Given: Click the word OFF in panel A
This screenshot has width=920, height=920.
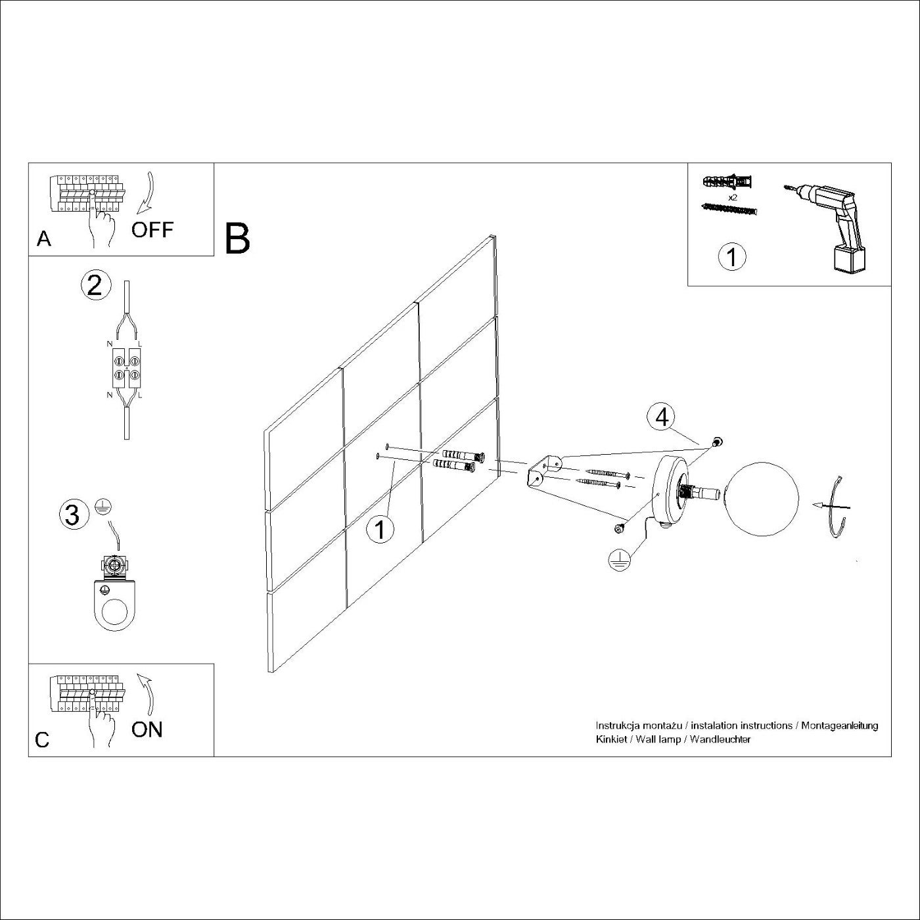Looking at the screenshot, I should tap(152, 230).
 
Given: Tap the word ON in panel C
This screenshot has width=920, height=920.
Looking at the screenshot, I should tap(147, 729).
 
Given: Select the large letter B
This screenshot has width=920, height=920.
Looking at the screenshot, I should tap(237, 239).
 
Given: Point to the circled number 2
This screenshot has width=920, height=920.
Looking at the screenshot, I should tap(95, 286).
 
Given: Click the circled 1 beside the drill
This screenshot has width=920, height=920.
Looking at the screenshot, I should tap(732, 257).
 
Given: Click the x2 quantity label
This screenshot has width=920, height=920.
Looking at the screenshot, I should tap(733, 196).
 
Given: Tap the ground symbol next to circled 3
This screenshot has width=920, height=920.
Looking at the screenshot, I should tap(103, 505).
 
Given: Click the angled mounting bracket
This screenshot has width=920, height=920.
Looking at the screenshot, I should tap(543, 472).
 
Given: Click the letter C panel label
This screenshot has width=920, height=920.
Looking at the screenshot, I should tap(42, 740).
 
